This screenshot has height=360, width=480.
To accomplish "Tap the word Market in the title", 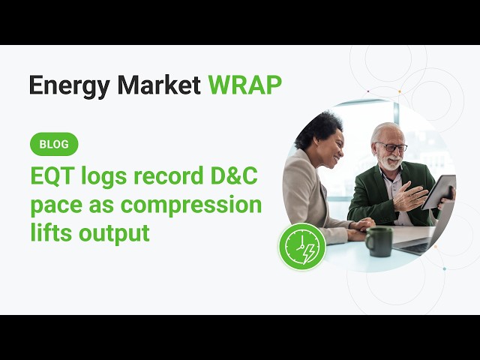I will click(158, 85).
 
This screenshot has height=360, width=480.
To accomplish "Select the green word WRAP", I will click(245, 85).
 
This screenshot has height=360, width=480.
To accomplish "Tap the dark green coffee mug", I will click(379, 241).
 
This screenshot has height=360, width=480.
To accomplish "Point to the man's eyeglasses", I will click(391, 147).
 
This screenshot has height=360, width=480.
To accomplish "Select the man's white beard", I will click(389, 162).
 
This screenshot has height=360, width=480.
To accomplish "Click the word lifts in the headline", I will click(51, 232).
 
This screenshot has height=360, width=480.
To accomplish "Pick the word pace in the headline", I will click(56, 205).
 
